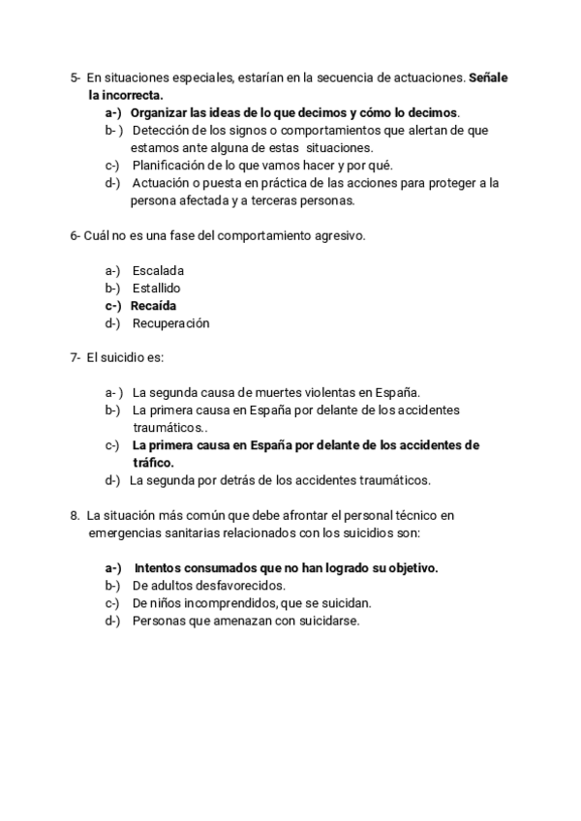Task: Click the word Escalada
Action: [x=158, y=271]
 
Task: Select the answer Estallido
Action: [x=157, y=289]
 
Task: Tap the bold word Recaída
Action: [x=153, y=306]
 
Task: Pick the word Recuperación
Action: [x=170, y=323]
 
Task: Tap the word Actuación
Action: [x=162, y=182]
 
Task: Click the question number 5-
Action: [x=76, y=77]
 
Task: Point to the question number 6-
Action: [x=76, y=236]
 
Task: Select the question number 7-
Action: [x=76, y=358]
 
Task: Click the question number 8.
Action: [x=75, y=515]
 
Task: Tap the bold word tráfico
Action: [x=153, y=463]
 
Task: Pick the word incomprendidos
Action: [x=229, y=603]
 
